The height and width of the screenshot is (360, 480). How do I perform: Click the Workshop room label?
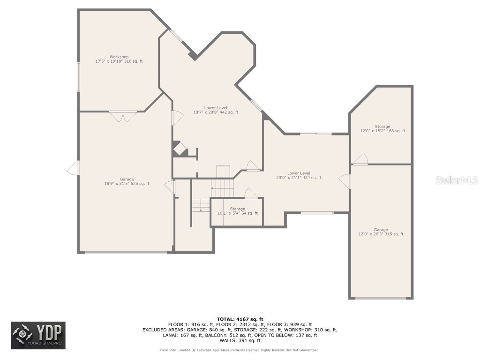click(119, 59)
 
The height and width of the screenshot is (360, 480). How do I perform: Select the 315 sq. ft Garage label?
click(381, 232)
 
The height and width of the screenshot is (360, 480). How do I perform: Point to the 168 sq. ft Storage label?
click(382, 129)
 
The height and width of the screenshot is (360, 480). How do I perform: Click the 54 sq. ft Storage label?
click(237, 211)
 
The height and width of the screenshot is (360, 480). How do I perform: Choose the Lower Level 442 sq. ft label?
click(216, 110)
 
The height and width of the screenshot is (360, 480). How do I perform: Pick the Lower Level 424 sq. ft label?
click(299, 175)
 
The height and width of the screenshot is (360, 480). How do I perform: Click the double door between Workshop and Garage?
click(123, 116)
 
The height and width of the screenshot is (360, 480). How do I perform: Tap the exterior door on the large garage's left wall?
click(74, 168)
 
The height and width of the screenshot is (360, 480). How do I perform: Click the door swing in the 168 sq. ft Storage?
click(360, 159)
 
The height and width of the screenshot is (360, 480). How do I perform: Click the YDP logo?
click(38, 335)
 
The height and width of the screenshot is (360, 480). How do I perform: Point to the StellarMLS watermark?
click(457, 180)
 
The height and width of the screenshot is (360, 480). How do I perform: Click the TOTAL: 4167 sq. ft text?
click(240, 319)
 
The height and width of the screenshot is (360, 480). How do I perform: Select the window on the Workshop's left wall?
click(78, 77)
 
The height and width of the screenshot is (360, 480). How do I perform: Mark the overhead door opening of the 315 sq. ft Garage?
click(380, 298)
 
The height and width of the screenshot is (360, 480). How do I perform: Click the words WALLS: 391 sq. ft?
click(240, 340)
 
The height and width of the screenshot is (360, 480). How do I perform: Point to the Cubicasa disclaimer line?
click(240, 350)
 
